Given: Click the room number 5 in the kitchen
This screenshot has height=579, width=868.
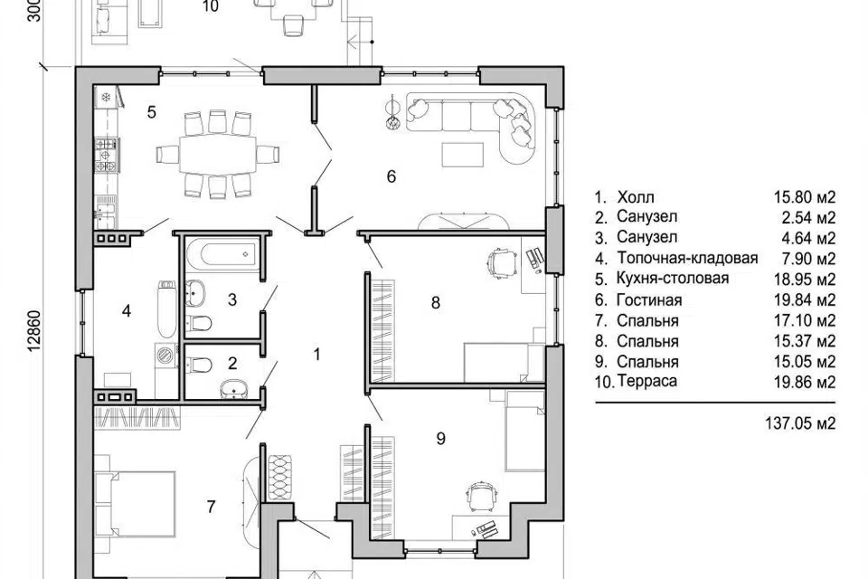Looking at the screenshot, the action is coord(152,112).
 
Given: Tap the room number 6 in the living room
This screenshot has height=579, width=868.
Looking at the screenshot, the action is coord(392,176).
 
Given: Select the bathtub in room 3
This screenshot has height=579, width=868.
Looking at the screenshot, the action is coord(223,255).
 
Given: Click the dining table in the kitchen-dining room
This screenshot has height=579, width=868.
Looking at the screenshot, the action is coord(217,154).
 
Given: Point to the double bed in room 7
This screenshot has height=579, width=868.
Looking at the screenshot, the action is coord(137,504).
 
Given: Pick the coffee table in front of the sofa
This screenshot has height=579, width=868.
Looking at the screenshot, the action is coord(463,154).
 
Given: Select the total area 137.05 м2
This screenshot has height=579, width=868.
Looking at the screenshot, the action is coord(800,424).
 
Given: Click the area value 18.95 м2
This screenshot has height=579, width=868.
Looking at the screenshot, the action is coord(805,280).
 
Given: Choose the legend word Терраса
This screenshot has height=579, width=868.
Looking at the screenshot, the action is coord(647,381).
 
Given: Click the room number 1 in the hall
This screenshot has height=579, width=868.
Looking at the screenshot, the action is coord(316,354).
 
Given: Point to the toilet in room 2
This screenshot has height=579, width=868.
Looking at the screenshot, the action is coord(201,364).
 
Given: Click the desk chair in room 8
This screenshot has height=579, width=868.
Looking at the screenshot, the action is coord(502,261).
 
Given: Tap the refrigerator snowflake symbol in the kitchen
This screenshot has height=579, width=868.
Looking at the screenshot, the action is coord(106,98).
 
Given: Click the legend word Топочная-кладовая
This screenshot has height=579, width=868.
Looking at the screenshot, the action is coord(687,258).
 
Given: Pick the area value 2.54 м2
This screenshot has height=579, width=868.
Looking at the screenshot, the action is coord(805,218).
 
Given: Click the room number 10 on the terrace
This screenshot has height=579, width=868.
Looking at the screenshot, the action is coord(211,6).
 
